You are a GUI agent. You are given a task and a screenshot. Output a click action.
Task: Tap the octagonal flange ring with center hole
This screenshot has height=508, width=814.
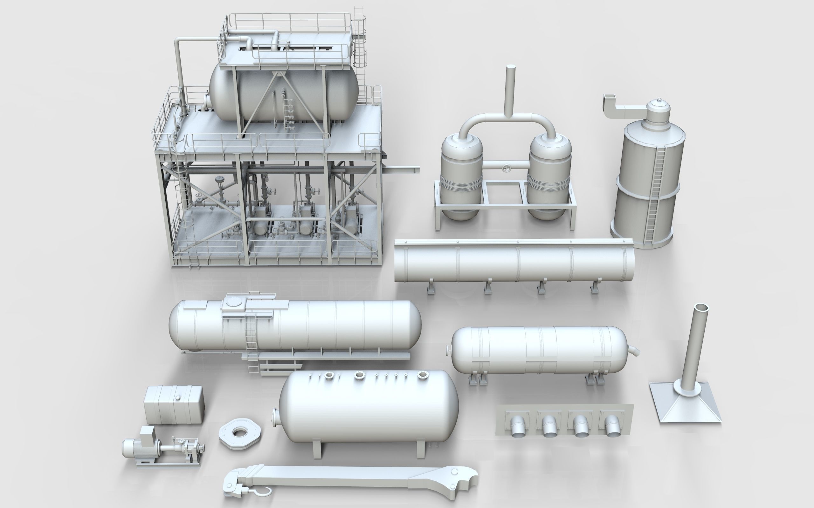coord(239,434)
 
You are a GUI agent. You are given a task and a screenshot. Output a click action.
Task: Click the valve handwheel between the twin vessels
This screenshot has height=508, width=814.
coord(506,168)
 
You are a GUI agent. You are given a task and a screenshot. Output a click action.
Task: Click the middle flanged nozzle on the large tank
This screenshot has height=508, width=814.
coord(360,375)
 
